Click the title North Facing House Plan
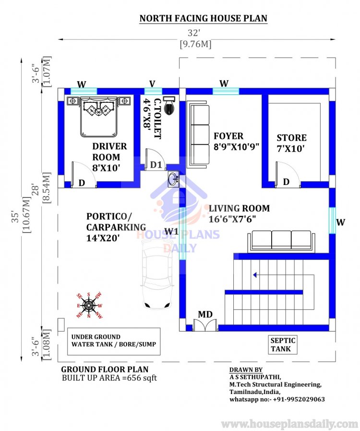[203, 19]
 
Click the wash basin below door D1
[173, 180]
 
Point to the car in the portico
[157, 274]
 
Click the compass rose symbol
[89, 304]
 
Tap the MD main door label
[205, 314]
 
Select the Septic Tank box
[283, 345]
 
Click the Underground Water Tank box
[113, 341]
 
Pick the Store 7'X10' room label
[291, 143]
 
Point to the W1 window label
[171, 232]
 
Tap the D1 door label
[156, 165]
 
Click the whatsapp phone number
[276, 399]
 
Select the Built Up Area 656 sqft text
[109, 378]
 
